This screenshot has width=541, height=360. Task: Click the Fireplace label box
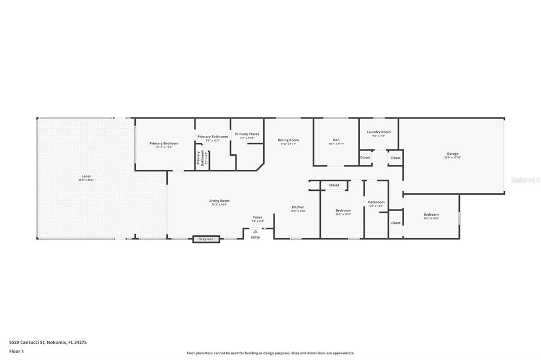[206, 239]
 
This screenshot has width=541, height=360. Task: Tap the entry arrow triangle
[255, 231]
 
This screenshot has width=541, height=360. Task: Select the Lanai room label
[86, 176]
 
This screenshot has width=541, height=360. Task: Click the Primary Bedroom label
[164, 144]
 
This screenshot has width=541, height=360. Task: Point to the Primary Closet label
[247, 134]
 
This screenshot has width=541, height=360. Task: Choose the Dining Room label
[288, 140]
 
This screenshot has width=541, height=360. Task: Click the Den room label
[336, 140]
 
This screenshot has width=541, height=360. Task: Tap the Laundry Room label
[378, 132]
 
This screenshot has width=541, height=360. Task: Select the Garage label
[452, 154]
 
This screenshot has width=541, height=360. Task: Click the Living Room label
[219, 201]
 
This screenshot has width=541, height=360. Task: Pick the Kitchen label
[298, 207]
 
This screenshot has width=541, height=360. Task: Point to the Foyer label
[258, 217]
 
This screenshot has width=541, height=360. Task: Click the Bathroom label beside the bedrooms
[376, 202]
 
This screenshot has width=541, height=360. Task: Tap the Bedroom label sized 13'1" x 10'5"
[431, 215]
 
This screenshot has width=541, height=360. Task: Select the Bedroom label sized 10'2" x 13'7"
[343, 211]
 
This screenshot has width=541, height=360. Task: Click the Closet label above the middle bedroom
[334, 185]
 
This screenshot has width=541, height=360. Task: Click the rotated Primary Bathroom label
[200, 158]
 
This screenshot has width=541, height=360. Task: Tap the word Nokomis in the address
[56, 342]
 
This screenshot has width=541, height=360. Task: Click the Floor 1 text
[16, 351]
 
